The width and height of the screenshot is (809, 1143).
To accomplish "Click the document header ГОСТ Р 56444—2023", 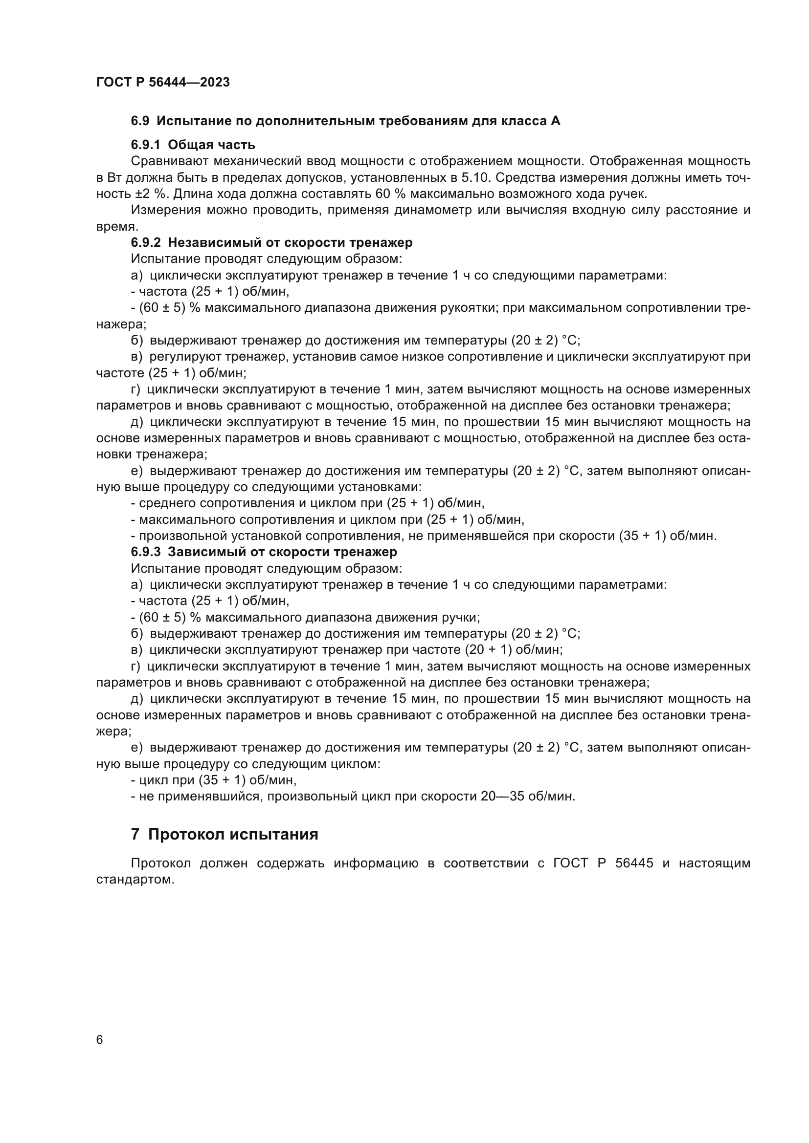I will (x=163, y=82).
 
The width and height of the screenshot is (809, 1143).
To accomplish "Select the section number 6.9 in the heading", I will (x=139, y=121).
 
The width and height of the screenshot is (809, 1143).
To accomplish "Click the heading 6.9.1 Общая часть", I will (x=193, y=145).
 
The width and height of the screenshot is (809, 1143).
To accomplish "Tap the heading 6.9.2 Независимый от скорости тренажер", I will (x=271, y=242).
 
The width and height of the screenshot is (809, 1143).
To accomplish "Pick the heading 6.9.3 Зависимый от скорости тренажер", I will (x=264, y=552).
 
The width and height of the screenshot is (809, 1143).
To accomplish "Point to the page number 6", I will (x=100, y=1040).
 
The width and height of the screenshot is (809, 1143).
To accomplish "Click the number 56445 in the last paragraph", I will (x=634, y=863).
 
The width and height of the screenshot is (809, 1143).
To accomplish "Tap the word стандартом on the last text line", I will (x=135, y=880).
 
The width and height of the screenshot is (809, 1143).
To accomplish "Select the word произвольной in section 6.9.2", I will (x=179, y=536).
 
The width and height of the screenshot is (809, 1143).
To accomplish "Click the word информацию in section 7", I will (x=376, y=863).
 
